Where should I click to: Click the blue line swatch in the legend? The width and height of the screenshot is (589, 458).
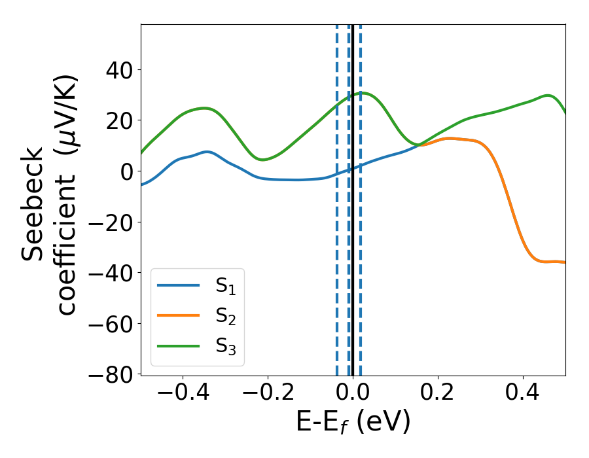(178, 285)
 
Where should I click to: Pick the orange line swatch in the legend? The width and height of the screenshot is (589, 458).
(178, 315)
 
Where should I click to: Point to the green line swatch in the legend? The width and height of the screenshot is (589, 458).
(178, 345)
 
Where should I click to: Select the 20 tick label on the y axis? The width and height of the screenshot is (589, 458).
(118, 120)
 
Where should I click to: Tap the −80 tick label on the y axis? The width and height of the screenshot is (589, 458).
(110, 375)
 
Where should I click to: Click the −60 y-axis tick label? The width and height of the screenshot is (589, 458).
(110, 324)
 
